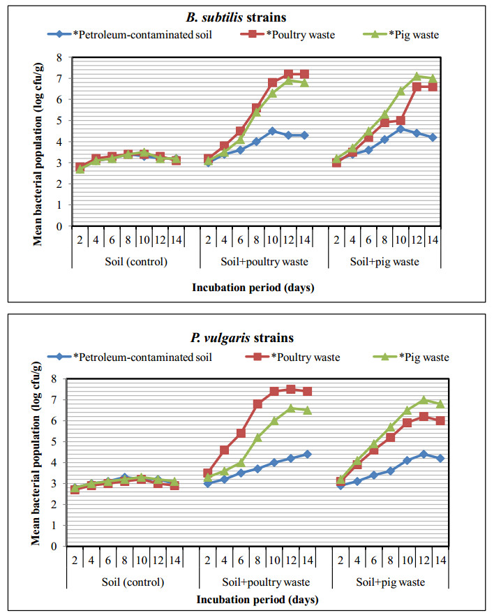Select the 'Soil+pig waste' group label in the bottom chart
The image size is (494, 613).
384,582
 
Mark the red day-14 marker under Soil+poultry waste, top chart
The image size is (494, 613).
304,74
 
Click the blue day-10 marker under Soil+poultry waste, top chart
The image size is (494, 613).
272,131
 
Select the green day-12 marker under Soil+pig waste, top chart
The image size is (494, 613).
417,77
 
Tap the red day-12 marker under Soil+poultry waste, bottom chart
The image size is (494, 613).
290,389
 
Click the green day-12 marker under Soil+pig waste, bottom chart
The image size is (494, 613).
424,400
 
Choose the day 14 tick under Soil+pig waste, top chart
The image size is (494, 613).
433,239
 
